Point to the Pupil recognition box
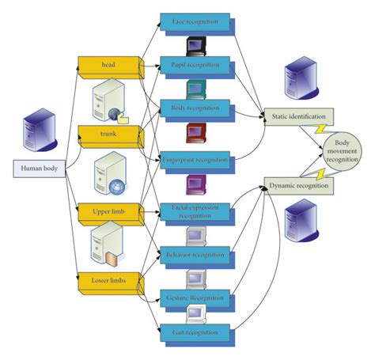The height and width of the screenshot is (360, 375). point(195,63)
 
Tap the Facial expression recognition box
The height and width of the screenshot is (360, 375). point(195,211)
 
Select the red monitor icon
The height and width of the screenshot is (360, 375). point(195,131)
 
